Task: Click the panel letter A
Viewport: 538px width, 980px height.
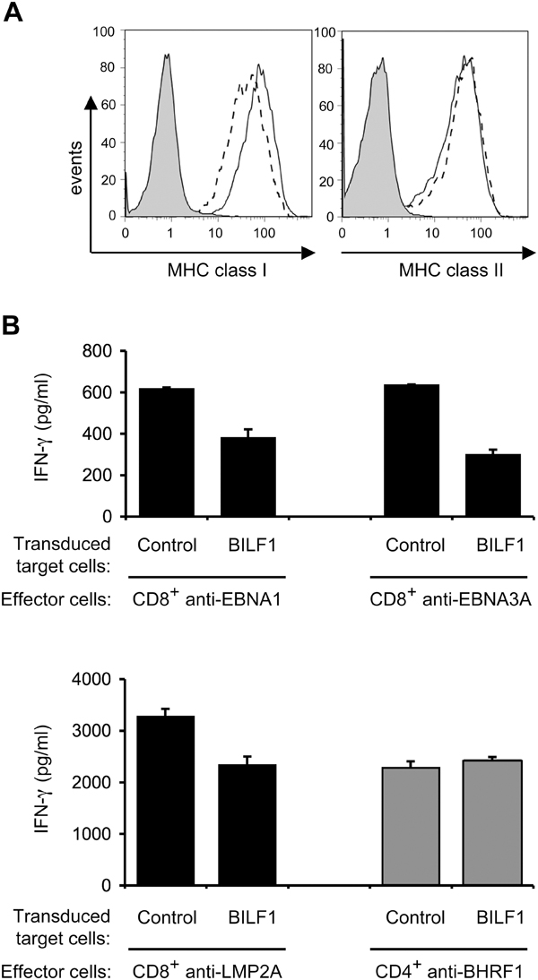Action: pos(15,14)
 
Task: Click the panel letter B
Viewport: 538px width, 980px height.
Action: pos(15,324)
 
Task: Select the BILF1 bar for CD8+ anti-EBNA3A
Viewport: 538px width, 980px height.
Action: pos(490,485)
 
